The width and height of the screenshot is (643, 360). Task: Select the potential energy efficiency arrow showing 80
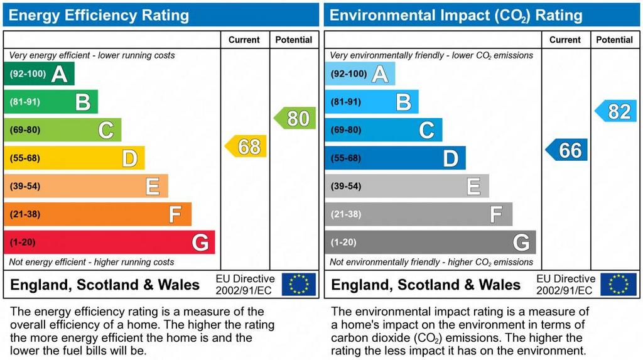[x=295, y=118]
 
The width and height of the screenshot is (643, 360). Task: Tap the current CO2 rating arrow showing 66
[x=566, y=150]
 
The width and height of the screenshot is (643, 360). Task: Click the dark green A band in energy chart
[x=39, y=74]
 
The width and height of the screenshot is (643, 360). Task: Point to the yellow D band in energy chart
[x=74, y=158]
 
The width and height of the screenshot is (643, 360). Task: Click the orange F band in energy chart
[x=97, y=214]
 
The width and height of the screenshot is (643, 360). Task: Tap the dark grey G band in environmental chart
[x=430, y=243]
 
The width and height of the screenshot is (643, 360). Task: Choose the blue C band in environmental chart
[x=383, y=130]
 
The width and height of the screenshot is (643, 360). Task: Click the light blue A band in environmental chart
[x=360, y=74]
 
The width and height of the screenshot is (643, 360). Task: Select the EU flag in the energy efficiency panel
[x=299, y=285]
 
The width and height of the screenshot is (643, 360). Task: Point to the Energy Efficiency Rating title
[x=99, y=15]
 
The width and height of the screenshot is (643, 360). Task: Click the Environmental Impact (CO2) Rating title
[x=456, y=15]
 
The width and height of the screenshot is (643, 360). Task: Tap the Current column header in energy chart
[x=244, y=40]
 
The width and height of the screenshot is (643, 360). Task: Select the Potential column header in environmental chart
[x=614, y=40]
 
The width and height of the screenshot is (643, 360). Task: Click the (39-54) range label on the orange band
[x=24, y=187]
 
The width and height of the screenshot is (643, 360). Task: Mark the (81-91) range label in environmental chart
[x=345, y=102]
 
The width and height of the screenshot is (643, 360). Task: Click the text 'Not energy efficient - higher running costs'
[x=92, y=262]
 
